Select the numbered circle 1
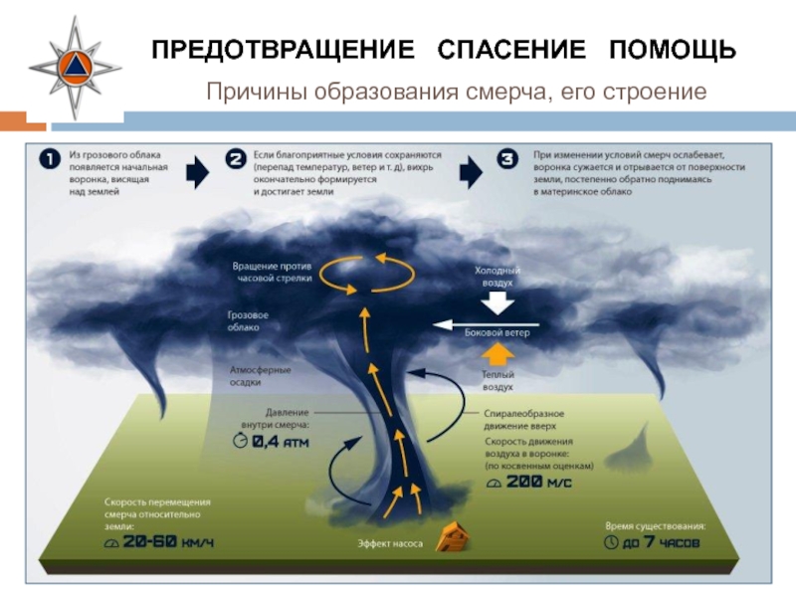point(52,160)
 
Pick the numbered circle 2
point(236,160)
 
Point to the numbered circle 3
point(509,160)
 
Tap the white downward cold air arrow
point(495,303)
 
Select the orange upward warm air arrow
point(495,353)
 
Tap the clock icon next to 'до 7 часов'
point(611,543)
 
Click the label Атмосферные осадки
point(261,376)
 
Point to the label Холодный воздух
point(497,276)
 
